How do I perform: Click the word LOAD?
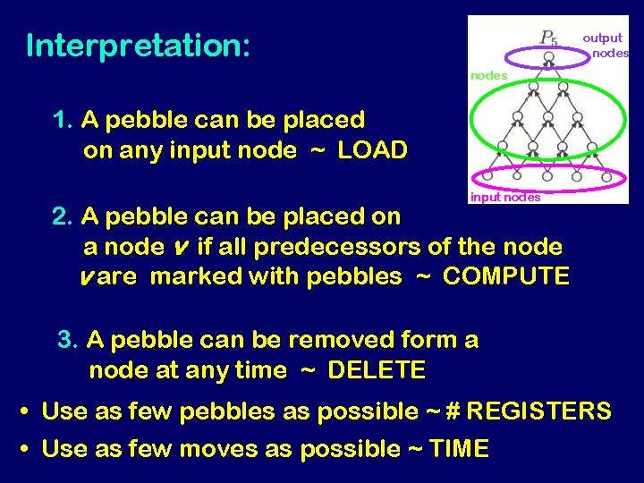tap(372, 150)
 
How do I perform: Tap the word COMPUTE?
tap(505, 276)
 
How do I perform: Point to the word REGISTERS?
tap(539, 411)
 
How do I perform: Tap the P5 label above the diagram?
tap(548, 38)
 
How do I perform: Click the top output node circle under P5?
tap(548, 57)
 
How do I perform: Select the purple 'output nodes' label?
tap(605, 45)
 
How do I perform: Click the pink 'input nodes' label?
tap(504, 198)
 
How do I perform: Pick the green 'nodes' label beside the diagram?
tap(488, 76)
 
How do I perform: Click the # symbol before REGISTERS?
tap(453, 411)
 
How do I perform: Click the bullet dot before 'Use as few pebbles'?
tap(26, 413)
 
